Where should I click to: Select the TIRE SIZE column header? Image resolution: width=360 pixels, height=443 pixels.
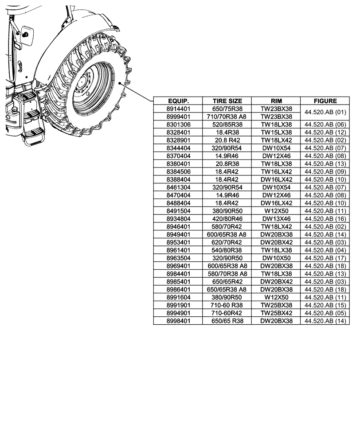click(227, 101)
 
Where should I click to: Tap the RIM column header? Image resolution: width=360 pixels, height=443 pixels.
click(276, 101)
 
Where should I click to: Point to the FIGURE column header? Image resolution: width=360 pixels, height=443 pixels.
click(325, 101)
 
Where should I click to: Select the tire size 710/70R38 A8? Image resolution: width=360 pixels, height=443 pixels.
click(227, 117)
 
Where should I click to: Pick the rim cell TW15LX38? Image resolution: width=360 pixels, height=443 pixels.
click(276, 132)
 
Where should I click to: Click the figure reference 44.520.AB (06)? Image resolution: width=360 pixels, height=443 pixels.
click(325, 124)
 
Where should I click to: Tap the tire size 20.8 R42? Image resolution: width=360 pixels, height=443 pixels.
click(227, 140)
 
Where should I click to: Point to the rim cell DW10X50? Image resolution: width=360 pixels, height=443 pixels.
click(276, 257)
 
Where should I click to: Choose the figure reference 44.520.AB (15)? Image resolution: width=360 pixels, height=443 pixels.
click(325, 305)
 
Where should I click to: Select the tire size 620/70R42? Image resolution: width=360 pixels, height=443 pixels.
click(227, 242)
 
